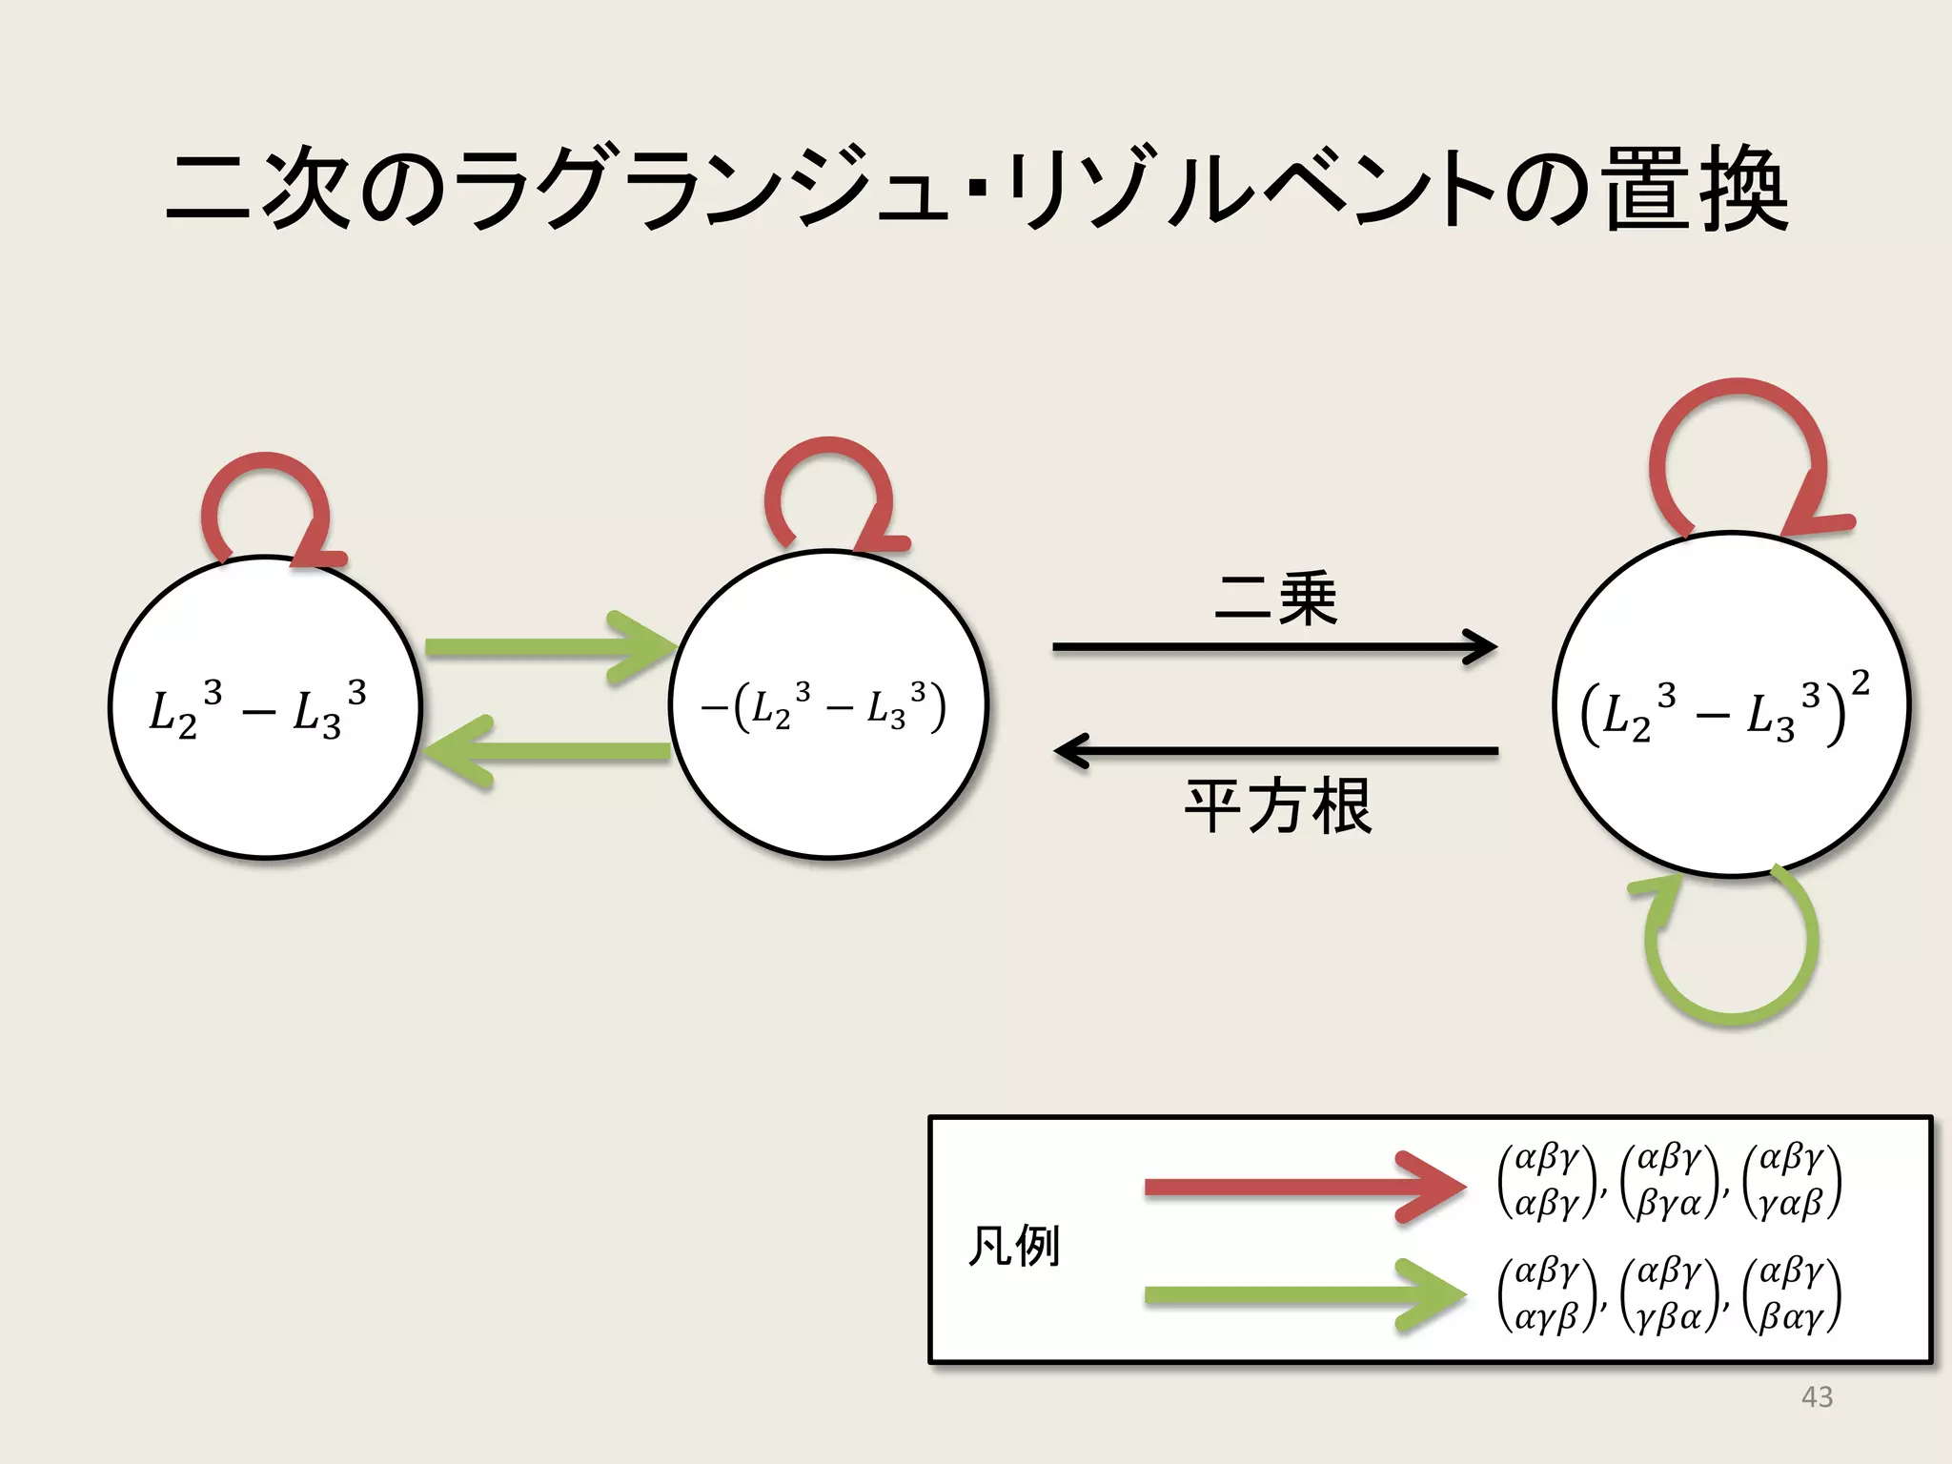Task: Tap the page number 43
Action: [1817, 1396]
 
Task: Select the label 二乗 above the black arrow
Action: [1275, 600]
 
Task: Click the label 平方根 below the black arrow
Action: [1277, 806]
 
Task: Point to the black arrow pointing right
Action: [1273, 647]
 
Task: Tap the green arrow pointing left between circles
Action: [548, 751]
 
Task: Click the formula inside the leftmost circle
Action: [257, 710]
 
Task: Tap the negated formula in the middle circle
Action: [824, 708]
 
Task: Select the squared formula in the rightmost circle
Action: [1725, 710]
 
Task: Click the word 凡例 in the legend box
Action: [1013, 1246]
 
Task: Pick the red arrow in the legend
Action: [1301, 1187]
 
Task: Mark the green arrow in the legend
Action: [1301, 1294]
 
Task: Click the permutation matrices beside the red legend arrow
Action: [1668, 1182]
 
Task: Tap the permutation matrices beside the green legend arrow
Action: [1668, 1294]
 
